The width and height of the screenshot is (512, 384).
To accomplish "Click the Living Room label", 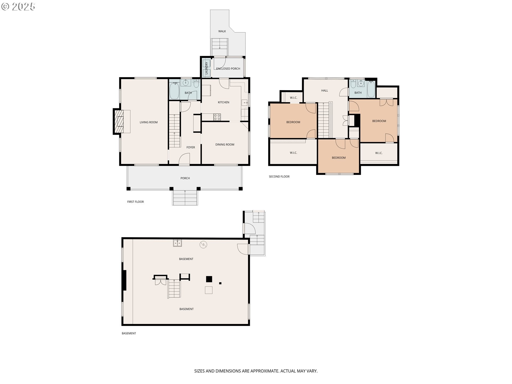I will click(149, 122).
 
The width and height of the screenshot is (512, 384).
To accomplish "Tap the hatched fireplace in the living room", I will click(119, 122).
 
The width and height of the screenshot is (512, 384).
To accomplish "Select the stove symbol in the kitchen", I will click(217, 117).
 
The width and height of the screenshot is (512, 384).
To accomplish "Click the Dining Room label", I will click(225, 145).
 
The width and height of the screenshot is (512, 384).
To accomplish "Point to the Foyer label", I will click(190, 147).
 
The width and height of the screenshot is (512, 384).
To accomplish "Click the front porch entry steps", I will click(185, 198).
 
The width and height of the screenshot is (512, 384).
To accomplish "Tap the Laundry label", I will click(206, 68).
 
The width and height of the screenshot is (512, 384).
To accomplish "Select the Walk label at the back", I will click(222, 31).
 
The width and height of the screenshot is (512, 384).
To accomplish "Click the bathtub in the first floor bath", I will click(174, 91).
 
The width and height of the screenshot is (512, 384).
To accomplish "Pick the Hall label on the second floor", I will click(325, 91).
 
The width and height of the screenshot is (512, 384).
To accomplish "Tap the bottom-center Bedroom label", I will click(339, 158).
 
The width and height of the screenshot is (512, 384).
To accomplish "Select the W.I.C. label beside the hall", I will click(293, 98).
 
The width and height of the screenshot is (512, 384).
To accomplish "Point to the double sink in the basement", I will click(177, 243).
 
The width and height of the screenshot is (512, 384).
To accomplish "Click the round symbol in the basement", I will click(203, 245).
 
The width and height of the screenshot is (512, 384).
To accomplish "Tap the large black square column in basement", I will click(209, 279).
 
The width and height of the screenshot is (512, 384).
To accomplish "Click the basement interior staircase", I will click(174, 289).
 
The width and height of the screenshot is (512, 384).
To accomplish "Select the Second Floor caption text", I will click(279, 177).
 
